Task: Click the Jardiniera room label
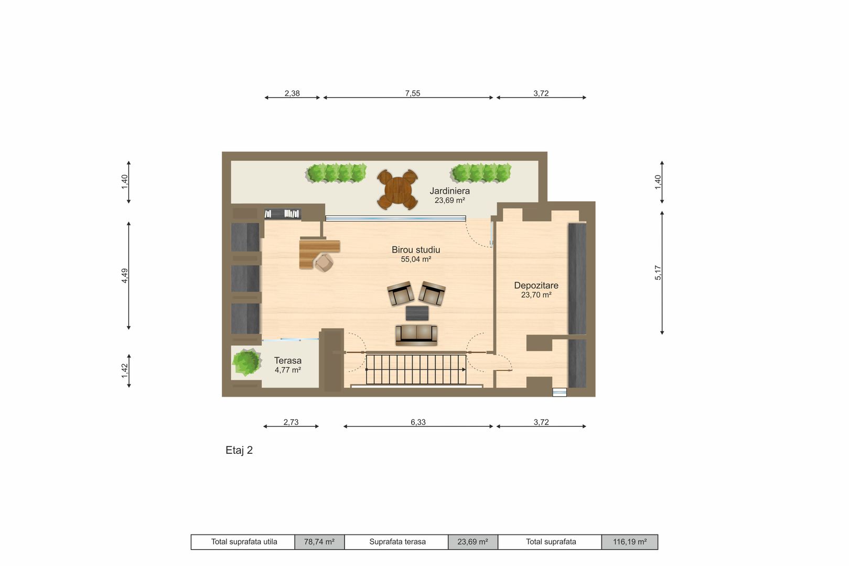[x=449, y=191]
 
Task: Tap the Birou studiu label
[x=416, y=249]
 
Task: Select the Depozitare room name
[x=536, y=285]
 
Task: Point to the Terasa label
[x=288, y=361]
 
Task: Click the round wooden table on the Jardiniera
[x=397, y=189]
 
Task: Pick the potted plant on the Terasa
[x=246, y=363]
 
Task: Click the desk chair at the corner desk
[x=324, y=262]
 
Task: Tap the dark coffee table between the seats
[x=417, y=313]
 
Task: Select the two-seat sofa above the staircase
[x=416, y=334]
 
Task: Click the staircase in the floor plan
[x=416, y=369]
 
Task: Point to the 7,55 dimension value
[x=412, y=93]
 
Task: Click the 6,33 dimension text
[x=418, y=422]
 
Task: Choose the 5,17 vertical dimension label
[x=658, y=273]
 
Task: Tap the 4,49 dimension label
[x=125, y=276]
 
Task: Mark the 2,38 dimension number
[x=292, y=93]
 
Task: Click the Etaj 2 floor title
[x=239, y=450]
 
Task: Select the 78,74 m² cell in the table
[x=319, y=542]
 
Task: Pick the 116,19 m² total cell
[x=630, y=542]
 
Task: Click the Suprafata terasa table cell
[x=397, y=542]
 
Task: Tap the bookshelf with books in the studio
[x=283, y=214]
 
